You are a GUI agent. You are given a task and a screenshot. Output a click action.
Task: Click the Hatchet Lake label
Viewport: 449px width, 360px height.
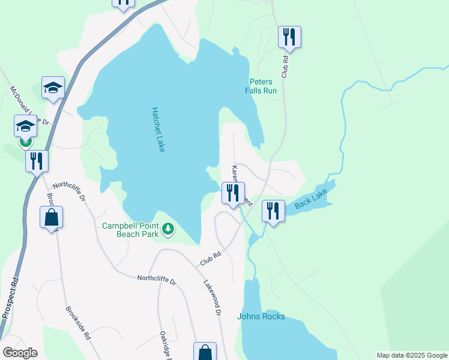(x=158, y=130)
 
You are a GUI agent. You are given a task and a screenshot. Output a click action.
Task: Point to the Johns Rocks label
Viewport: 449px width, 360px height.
(x=261, y=316)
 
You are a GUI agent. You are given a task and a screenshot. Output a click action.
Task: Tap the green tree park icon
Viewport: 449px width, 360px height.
(x=169, y=229)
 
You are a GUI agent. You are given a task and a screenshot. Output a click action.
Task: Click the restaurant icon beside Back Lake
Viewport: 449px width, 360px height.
(x=273, y=211)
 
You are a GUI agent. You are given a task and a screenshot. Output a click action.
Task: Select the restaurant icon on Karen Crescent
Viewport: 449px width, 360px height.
(x=233, y=193)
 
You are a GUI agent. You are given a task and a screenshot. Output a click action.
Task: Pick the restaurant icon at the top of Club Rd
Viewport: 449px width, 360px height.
(x=289, y=37)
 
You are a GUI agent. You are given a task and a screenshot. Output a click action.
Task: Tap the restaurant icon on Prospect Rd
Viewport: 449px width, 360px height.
(x=37, y=161)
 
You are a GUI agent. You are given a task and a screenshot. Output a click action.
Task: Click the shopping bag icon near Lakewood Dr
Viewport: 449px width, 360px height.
(x=204, y=352)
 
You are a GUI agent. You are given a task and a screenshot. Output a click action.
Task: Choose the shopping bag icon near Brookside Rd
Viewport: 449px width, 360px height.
(x=51, y=217)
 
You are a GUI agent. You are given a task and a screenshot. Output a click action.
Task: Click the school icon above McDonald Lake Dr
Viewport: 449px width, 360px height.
(x=53, y=88)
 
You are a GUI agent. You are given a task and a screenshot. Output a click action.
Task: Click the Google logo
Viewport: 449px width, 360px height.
(x=20, y=353)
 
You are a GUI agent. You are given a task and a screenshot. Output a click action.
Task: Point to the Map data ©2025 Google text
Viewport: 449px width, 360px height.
(x=412, y=355)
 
